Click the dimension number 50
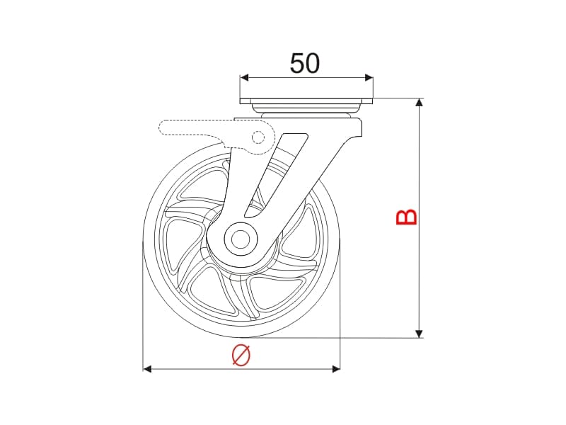point(305,63)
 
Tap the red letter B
point(407,217)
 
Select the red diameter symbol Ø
point(241,355)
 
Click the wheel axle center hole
point(241,239)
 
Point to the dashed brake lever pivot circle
point(258,137)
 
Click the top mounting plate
point(306,101)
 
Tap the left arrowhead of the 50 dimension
point(244,77)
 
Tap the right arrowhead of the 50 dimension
point(369,77)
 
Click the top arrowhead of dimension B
point(419,102)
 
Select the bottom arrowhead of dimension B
point(419,334)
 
